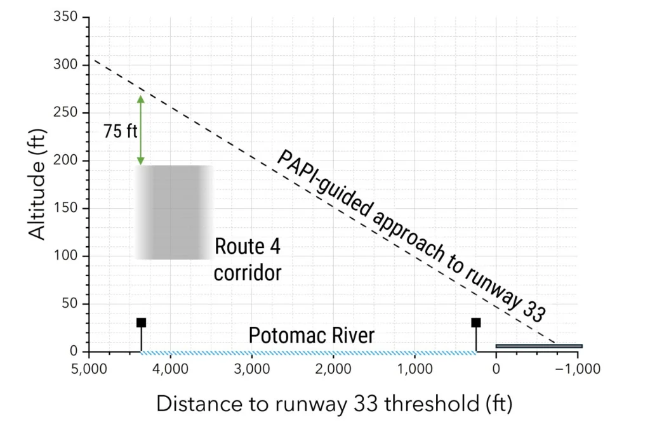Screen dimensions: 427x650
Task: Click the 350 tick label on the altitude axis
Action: click(x=65, y=17)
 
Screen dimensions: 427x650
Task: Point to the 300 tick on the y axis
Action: click(x=65, y=65)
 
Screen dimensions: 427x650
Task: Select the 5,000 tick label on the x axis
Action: click(x=89, y=369)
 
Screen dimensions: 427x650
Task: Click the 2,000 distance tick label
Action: click(x=333, y=369)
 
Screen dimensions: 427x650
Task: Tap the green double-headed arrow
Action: click(x=141, y=130)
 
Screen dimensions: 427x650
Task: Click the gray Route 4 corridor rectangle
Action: click(x=173, y=212)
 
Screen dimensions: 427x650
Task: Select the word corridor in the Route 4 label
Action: click(x=247, y=273)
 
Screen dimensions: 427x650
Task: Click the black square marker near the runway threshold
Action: click(x=475, y=323)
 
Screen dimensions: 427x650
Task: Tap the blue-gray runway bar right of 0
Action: click(x=538, y=346)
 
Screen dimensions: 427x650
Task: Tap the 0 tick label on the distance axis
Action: click(x=496, y=369)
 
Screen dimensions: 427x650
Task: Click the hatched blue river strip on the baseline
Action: click(x=308, y=352)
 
